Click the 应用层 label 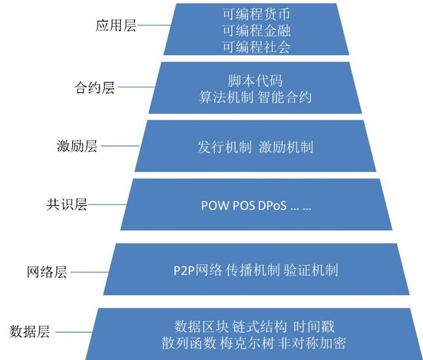click(x=116, y=26)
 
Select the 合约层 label click(x=95, y=87)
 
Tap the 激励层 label click(x=77, y=146)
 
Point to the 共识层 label click(x=67, y=204)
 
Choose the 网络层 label click(x=47, y=272)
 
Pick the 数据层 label click(x=30, y=332)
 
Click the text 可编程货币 click(x=256, y=15)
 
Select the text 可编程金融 click(x=256, y=30)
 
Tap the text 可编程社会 click(x=256, y=47)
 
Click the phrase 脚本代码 click(x=255, y=81)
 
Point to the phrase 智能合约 click(x=285, y=97)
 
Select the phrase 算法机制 click(x=226, y=97)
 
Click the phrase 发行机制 click(x=225, y=147)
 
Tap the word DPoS click(x=272, y=205)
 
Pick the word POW click(x=215, y=205)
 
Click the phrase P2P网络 click(x=198, y=270)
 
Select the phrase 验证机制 click(x=311, y=270)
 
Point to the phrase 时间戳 click(x=314, y=327)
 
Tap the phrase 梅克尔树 click(x=247, y=343)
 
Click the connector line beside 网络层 click(x=89, y=272)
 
